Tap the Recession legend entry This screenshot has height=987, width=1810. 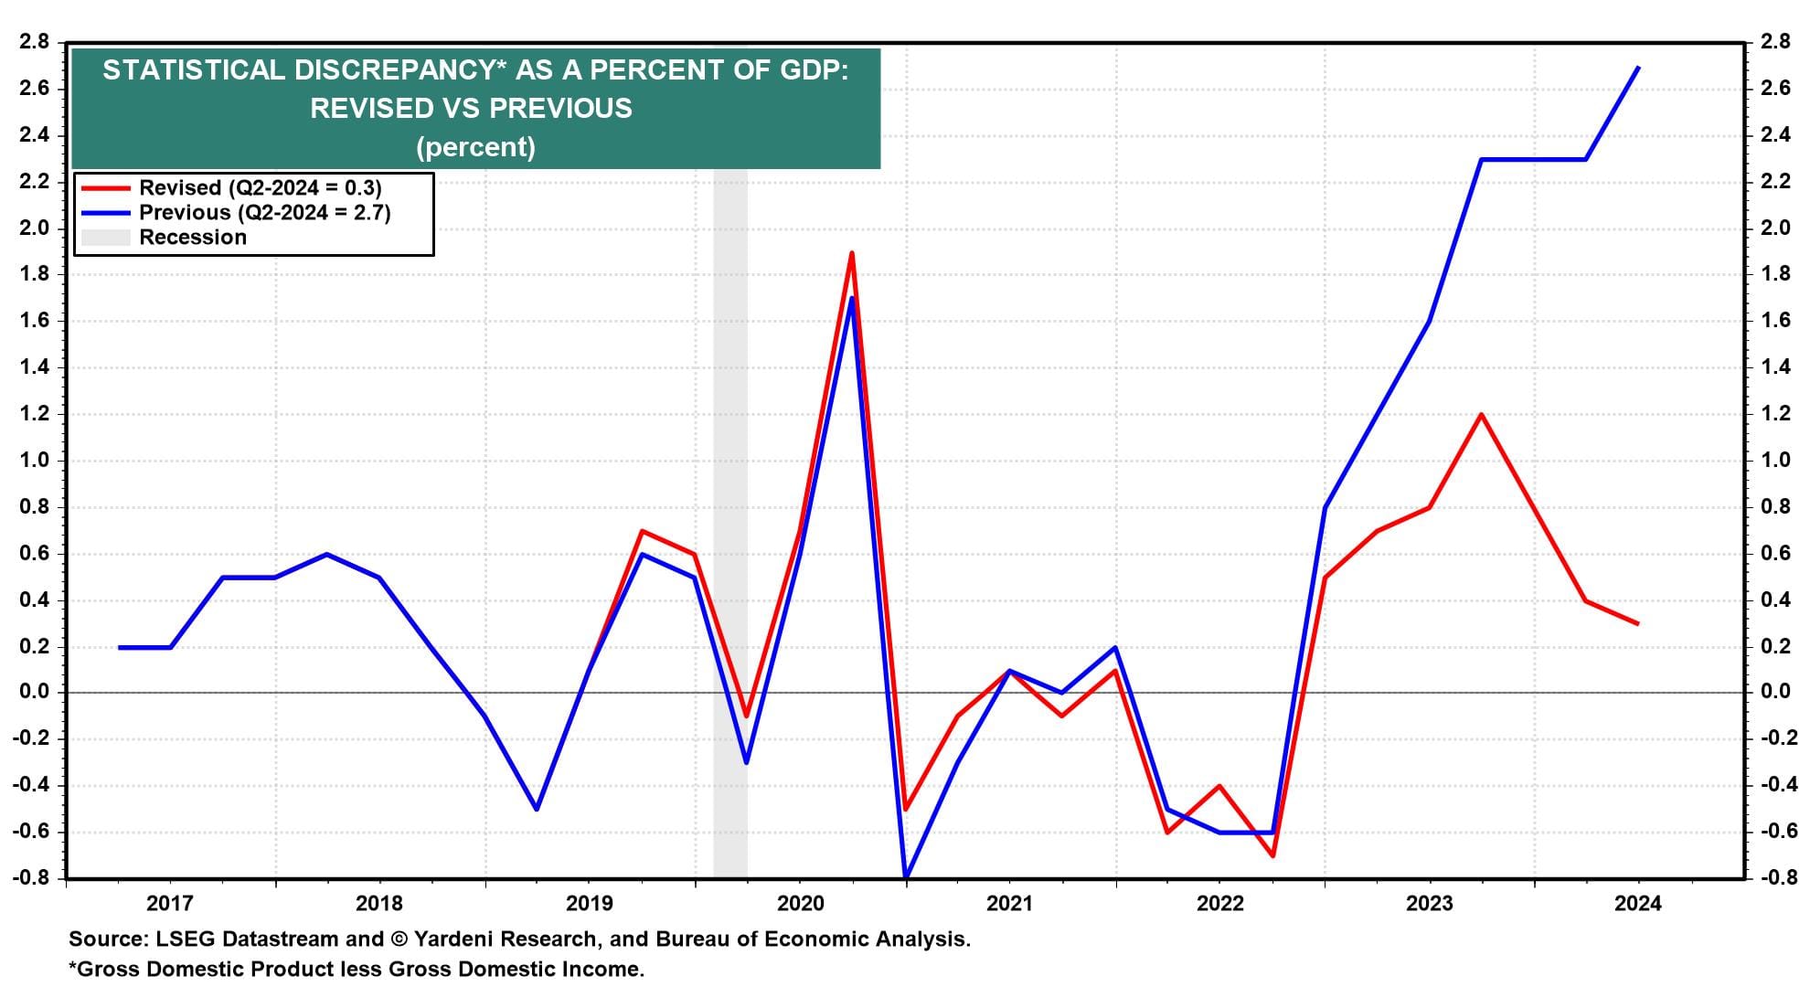(x=192, y=238)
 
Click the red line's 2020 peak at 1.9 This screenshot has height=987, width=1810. (x=852, y=253)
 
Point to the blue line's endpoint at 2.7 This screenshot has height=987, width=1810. (x=1637, y=68)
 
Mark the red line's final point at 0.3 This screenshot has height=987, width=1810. (x=1637, y=624)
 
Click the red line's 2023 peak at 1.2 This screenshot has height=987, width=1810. (x=1480, y=415)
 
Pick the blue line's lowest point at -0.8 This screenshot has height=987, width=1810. (x=905, y=877)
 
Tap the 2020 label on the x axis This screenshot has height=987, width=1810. (x=800, y=904)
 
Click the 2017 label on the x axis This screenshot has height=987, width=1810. (x=170, y=904)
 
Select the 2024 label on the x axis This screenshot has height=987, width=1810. (x=1638, y=904)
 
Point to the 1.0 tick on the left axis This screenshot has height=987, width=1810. (x=34, y=461)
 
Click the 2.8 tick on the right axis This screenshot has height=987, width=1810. (x=1774, y=42)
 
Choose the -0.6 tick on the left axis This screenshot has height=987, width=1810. (x=31, y=832)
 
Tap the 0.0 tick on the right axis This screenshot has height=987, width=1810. (x=1774, y=692)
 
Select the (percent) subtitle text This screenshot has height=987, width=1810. (x=475, y=147)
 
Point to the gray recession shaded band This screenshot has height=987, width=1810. (x=730, y=548)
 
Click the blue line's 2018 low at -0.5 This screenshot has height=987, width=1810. (x=537, y=809)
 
